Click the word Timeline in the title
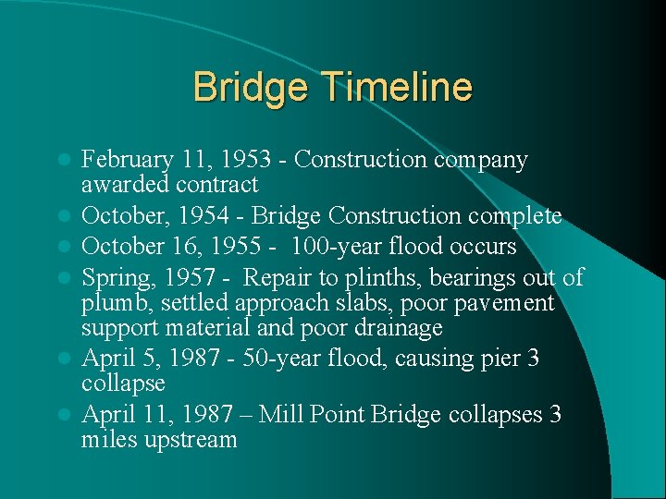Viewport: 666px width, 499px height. click(x=400, y=88)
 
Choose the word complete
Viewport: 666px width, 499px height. click(x=516, y=216)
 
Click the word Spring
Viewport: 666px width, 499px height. click(x=113, y=276)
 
